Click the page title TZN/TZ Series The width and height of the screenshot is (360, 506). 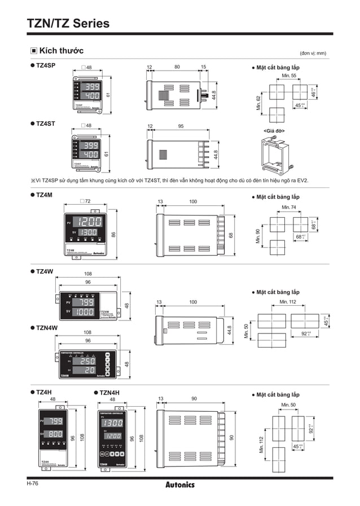[x=68, y=23]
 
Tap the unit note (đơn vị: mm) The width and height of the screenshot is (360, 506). [x=313, y=53]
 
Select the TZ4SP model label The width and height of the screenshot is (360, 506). [x=45, y=66]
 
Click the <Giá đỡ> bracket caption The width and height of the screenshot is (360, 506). [x=274, y=131]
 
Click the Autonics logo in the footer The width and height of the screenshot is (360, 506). [x=180, y=485]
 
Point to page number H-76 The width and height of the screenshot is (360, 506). [x=32, y=483]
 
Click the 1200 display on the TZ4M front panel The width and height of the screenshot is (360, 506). [x=90, y=222]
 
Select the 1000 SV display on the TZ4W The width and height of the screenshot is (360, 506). [x=85, y=311]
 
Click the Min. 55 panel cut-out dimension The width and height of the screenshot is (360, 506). [x=289, y=76]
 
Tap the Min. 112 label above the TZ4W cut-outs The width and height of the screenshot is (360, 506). [x=289, y=302]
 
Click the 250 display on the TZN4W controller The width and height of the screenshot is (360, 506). [x=86, y=361]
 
